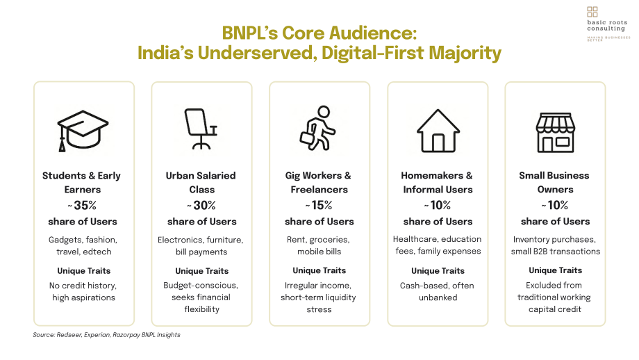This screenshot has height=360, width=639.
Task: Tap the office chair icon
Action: tap(201, 129)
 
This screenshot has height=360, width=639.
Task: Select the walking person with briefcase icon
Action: tap(317, 128)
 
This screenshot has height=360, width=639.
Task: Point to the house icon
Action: tap(438, 131)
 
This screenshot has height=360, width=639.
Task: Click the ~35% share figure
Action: tap(82, 206)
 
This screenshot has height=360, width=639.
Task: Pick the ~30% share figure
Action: tap(201, 206)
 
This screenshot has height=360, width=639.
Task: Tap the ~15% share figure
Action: tap(319, 206)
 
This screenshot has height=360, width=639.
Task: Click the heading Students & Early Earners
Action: tap(82, 183)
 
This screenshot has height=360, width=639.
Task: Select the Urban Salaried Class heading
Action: tap(201, 183)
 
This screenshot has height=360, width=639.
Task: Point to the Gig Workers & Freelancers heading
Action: tap(318, 183)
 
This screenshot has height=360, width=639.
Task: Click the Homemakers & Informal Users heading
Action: tap(438, 183)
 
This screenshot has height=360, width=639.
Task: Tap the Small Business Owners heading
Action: tap(554, 183)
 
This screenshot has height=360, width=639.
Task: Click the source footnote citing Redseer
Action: tap(106, 335)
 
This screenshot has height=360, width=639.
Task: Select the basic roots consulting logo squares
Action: tap(592, 11)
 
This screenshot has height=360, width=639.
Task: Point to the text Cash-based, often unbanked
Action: tap(438, 291)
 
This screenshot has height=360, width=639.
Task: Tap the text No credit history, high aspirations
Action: tap(83, 291)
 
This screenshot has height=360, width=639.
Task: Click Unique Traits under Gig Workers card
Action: tap(319, 271)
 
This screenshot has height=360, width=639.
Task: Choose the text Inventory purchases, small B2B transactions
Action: tap(555, 245)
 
